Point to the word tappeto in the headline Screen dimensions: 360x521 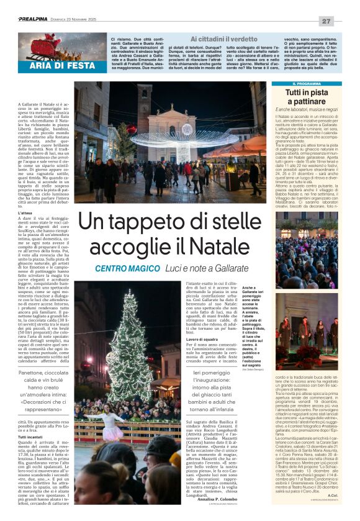coord(142,221)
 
